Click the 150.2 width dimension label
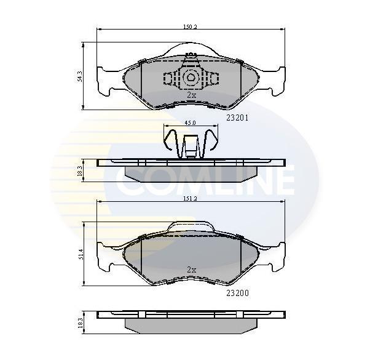point(190,26)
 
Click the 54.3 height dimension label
point(81,76)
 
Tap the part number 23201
point(237,118)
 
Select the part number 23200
point(237,293)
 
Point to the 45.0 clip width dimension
point(190,123)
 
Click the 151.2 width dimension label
point(190,199)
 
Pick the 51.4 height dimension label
point(81,254)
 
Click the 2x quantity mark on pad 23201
point(191,95)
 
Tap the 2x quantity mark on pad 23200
point(191,270)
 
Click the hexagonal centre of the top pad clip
point(190,78)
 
